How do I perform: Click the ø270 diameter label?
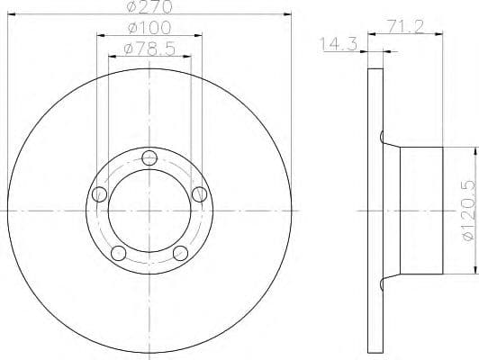click(x=149, y=8)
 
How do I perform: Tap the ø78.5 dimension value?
click(x=149, y=48)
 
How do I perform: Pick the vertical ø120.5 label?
click(x=465, y=210)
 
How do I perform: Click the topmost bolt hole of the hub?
click(x=149, y=159)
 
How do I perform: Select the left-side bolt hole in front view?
click(x=99, y=194)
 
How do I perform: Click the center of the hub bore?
click(x=149, y=211)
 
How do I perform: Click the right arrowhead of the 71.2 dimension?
click(x=438, y=35)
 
